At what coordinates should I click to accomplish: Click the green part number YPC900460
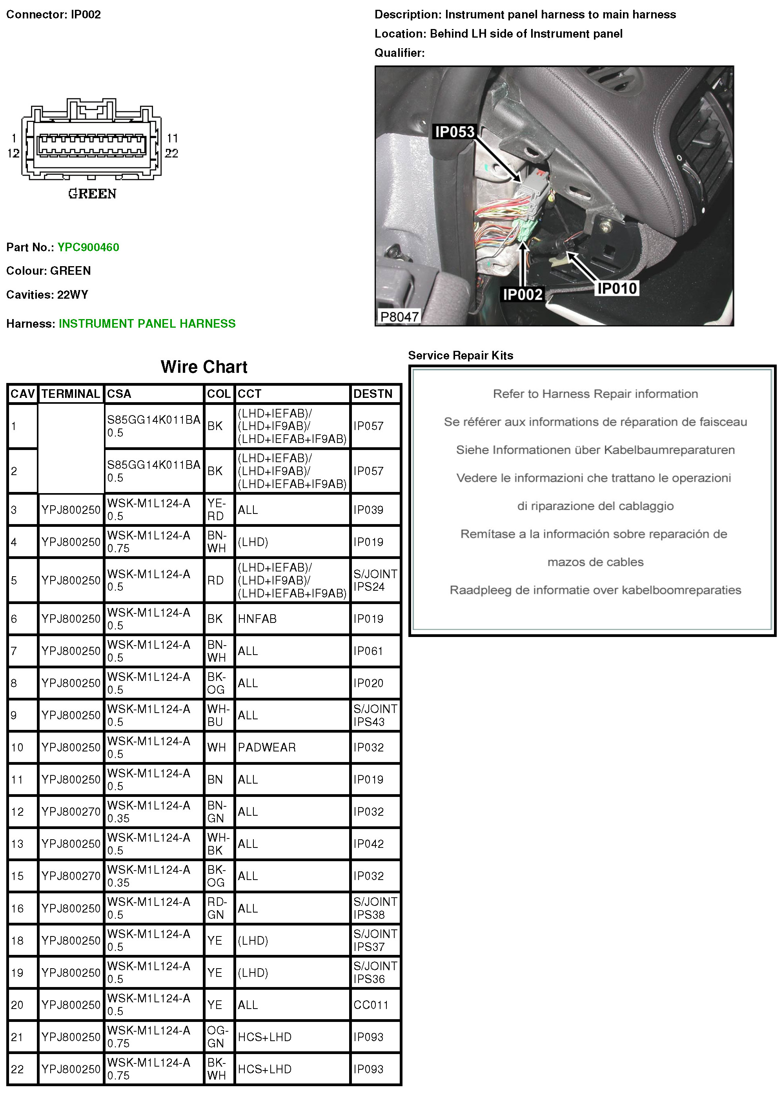point(88,247)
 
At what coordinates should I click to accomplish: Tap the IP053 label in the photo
point(454,132)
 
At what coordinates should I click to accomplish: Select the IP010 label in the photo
point(617,288)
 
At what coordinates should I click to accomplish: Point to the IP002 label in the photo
point(523,294)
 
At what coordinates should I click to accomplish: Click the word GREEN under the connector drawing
point(92,194)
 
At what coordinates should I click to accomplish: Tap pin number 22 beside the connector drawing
point(172,153)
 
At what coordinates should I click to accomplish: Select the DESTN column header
point(373,394)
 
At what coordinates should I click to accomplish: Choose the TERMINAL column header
point(70,394)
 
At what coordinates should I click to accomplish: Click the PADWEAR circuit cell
point(267,747)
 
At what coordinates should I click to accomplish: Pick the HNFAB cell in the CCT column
point(257,619)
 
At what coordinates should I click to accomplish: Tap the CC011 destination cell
point(370,1004)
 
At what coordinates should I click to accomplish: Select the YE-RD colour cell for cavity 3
point(216,509)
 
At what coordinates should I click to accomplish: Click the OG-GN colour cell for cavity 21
point(217,1036)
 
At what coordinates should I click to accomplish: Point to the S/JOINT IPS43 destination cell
point(375,715)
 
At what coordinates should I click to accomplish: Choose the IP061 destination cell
point(368,651)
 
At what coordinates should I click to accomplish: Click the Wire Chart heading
point(204,367)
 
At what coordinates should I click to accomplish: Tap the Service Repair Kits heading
point(461,355)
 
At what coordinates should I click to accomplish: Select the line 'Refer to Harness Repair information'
point(595,394)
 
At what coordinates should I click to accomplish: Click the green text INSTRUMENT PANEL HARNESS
point(147,323)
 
